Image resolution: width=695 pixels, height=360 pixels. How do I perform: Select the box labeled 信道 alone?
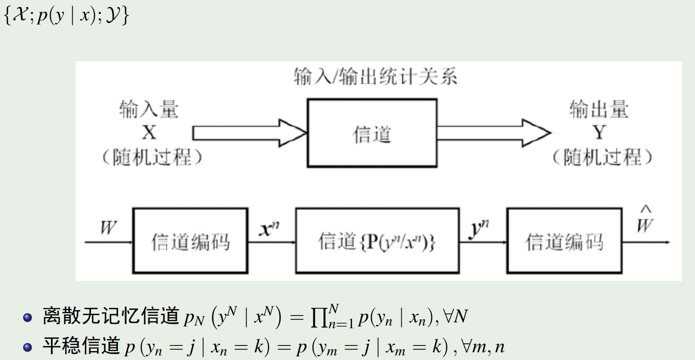372,133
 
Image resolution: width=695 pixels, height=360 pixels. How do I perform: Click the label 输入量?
149,110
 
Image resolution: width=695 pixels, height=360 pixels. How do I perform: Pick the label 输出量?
599,110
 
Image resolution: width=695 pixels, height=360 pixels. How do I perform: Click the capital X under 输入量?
149,133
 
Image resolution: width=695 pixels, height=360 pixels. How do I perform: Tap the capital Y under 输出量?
599,133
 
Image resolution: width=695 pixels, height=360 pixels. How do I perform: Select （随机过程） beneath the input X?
151,157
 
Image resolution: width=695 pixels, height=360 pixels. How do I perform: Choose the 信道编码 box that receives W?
190,241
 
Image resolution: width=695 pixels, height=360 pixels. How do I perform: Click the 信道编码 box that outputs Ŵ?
564,241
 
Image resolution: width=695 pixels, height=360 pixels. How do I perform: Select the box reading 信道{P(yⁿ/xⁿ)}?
377,241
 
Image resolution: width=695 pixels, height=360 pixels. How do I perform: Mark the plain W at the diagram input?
108,228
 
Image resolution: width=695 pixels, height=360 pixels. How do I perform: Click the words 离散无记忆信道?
111,316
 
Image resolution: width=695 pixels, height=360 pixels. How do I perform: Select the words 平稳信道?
81,346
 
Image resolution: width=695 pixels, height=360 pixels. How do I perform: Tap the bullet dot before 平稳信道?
28,347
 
